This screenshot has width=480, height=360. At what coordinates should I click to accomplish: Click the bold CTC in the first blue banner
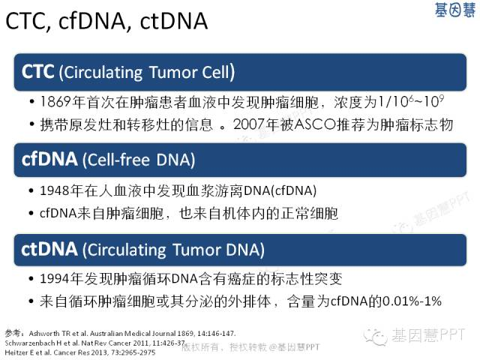click(x=38, y=72)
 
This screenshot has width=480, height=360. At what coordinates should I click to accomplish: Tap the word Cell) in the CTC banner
click(x=218, y=72)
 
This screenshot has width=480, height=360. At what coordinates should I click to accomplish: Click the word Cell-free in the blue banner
click(x=116, y=160)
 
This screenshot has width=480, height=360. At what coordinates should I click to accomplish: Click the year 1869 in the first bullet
click(x=55, y=102)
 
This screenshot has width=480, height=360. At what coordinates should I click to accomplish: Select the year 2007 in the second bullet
click(x=248, y=124)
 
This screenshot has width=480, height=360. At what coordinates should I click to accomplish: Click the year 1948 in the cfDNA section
click(x=55, y=190)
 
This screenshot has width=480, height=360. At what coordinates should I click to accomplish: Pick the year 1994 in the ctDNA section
click(x=55, y=278)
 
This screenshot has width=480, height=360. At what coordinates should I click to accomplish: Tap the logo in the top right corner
click(x=455, y=10)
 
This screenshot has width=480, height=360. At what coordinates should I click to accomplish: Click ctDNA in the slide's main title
click(x=174, y=21)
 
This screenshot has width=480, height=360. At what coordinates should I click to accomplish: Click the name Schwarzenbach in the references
click(x=24, y=343)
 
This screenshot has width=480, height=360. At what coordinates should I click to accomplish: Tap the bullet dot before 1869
click(x=31, y=102)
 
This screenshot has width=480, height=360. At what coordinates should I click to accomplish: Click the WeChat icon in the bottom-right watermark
click(x=376, y=336)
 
